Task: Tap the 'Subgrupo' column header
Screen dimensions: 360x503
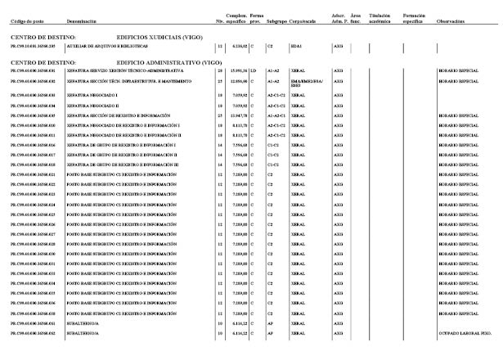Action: [276, 21]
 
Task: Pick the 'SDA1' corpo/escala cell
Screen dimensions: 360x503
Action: [296, 47]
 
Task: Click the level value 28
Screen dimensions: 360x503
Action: [221, 72]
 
